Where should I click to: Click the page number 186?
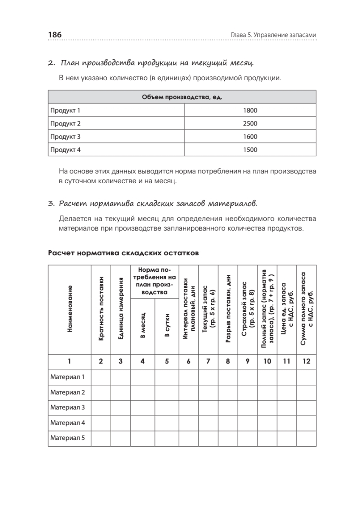55,34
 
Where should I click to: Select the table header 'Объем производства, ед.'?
182,98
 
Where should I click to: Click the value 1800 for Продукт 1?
250,111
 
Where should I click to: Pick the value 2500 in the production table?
250,124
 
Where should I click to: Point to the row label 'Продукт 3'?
65,137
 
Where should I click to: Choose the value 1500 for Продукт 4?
250,150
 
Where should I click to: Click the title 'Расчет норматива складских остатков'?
123,253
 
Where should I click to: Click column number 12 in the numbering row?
306,361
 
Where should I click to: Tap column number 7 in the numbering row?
208,361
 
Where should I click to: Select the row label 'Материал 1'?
68,377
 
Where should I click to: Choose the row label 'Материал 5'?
68,438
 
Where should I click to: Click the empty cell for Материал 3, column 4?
142,408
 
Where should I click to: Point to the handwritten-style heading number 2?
51,64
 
